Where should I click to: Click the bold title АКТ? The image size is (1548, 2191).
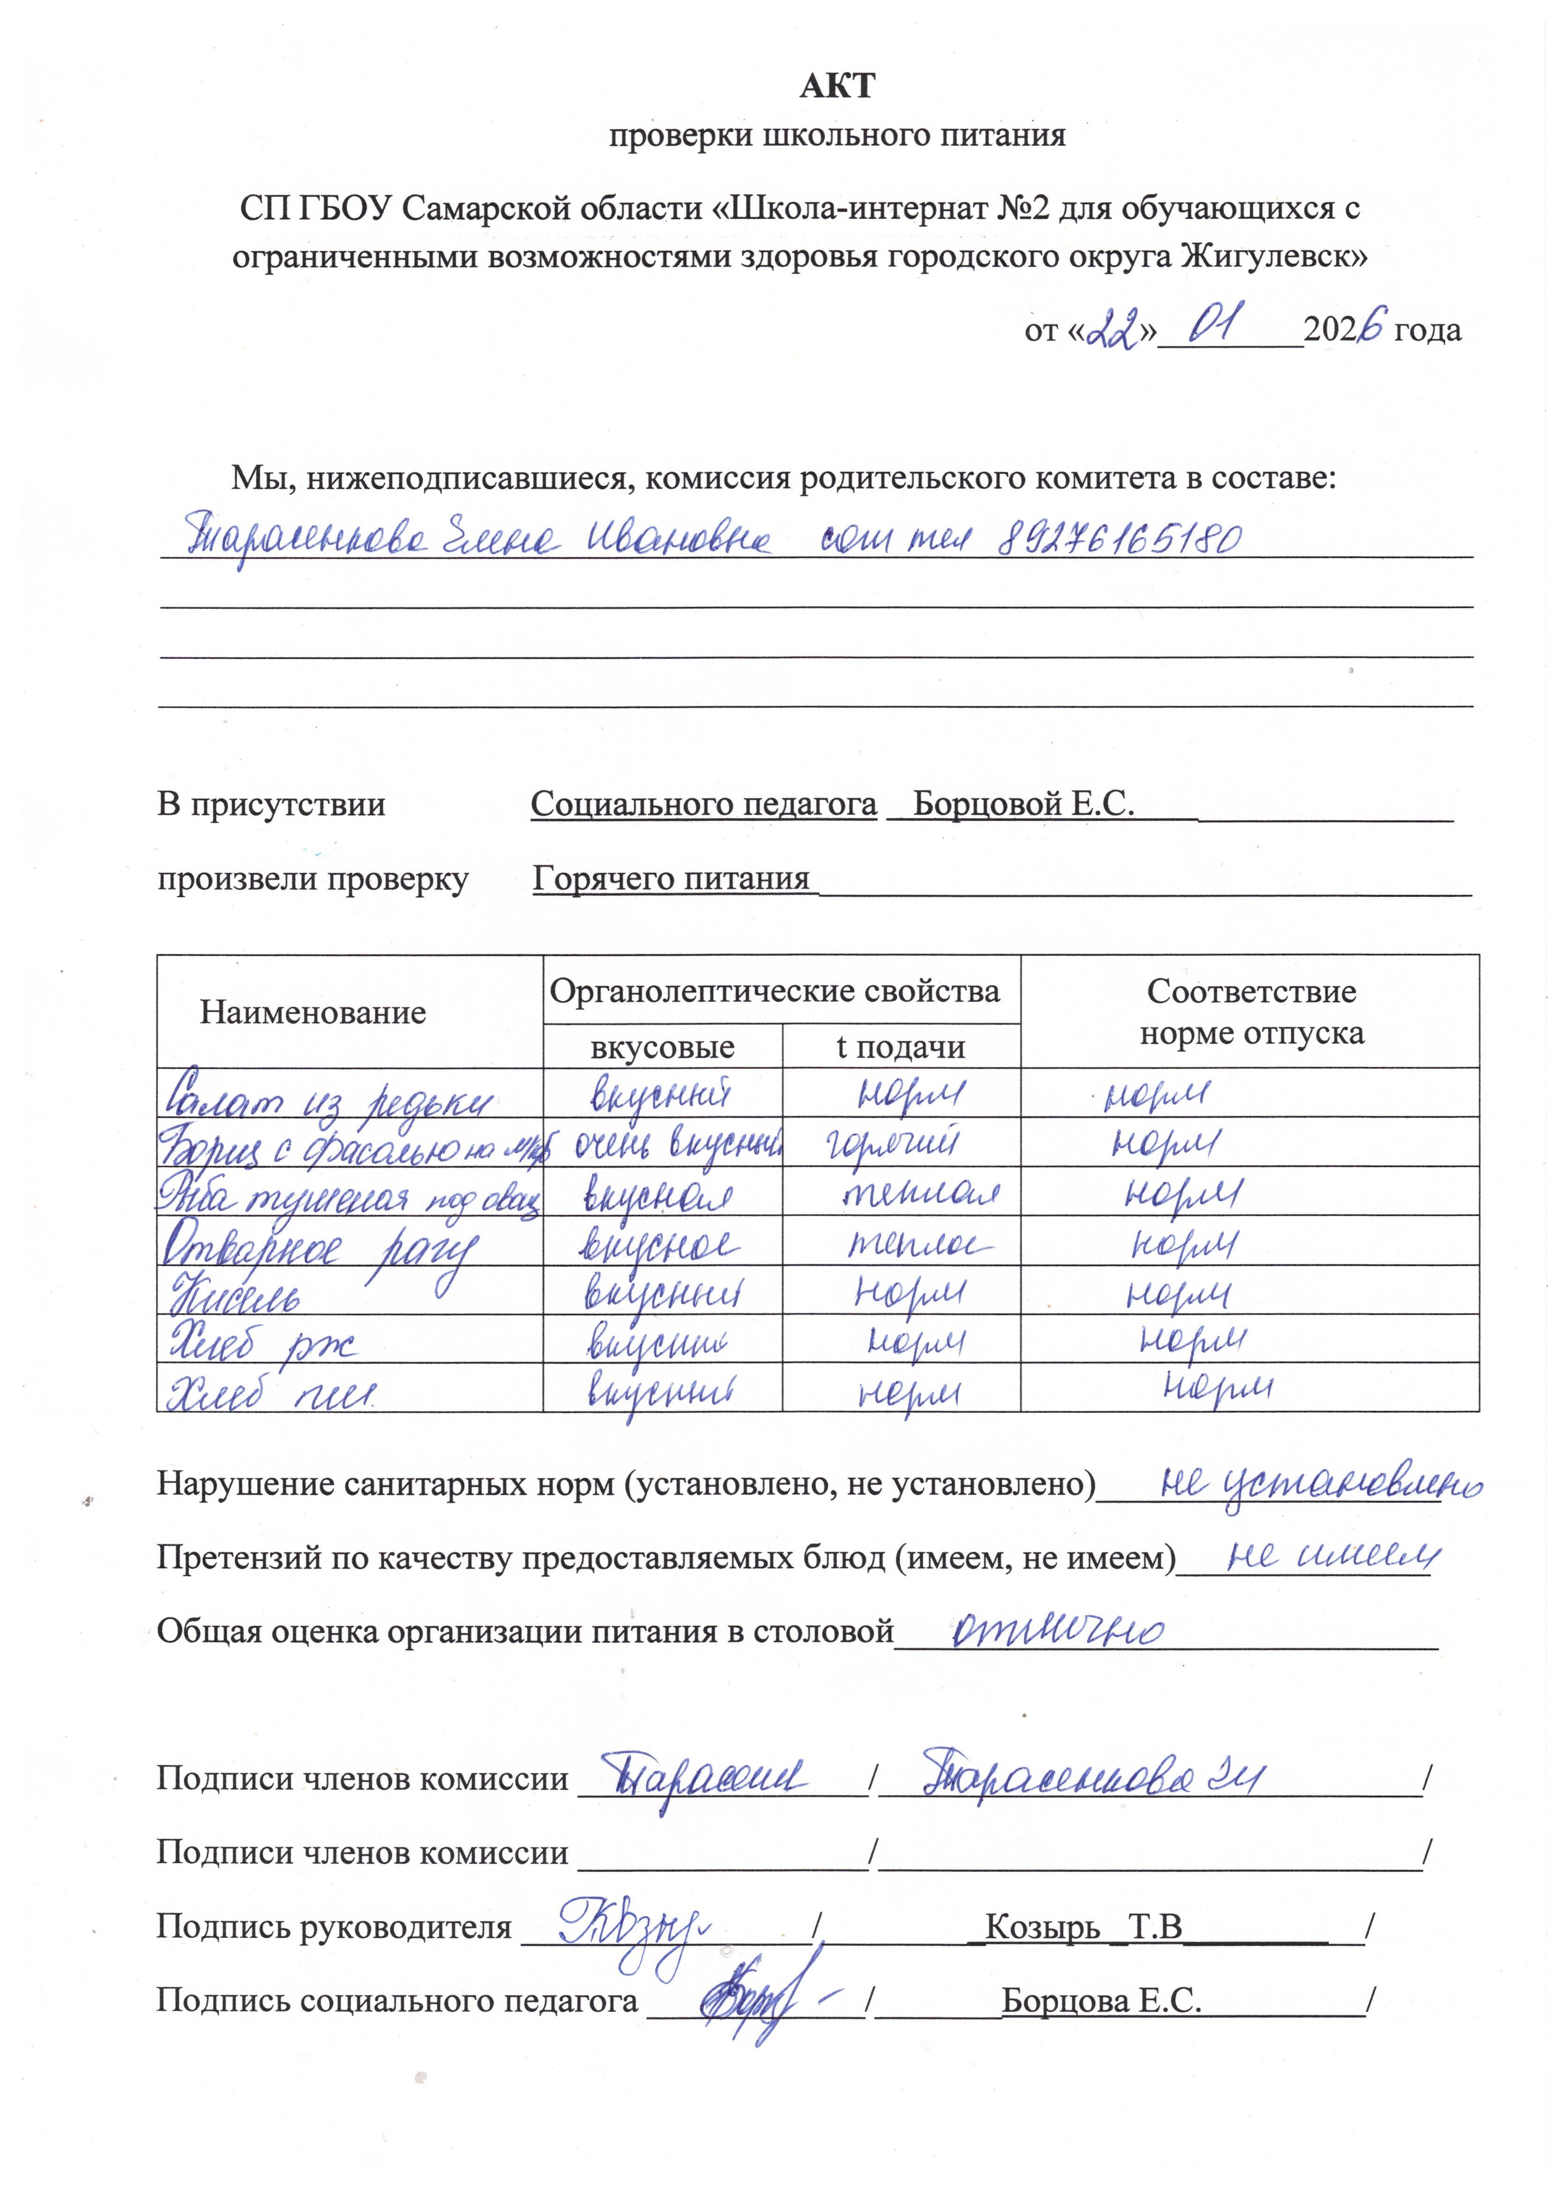[836, 86]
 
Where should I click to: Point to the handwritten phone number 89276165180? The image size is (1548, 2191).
[1120, 540]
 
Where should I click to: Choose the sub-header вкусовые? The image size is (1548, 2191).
[662, 1047]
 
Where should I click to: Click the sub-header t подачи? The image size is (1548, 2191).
[900, 1047]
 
